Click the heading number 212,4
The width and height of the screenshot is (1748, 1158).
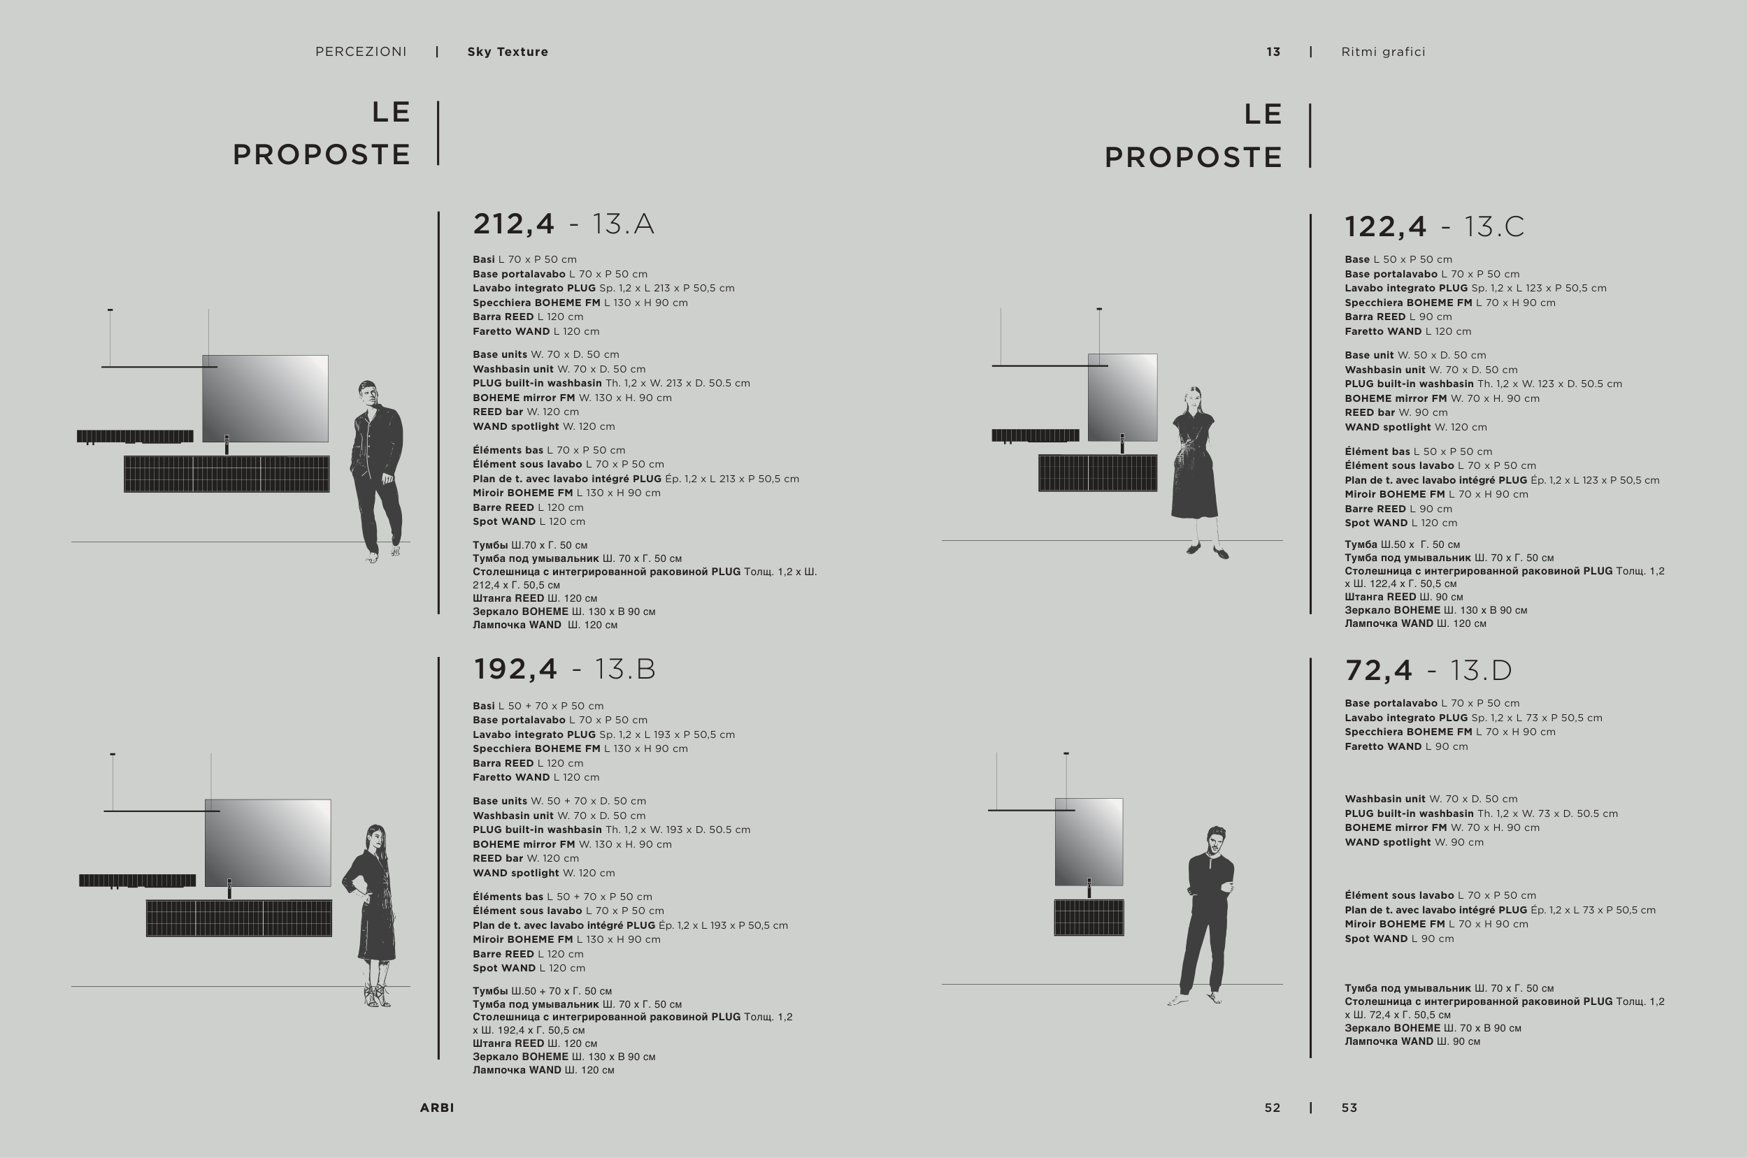(x=513, y=224)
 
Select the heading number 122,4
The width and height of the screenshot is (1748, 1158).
(x=1385, y=226)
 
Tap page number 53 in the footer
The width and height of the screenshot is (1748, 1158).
(x=1349, y=1108)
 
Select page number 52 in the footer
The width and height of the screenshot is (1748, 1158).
(x=1273, y=1108)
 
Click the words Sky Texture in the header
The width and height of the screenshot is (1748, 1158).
(x=508, y=52)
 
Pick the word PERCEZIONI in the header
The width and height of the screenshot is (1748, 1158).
(x=361, y=52)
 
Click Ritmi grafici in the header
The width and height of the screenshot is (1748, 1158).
(x=1383, y=52)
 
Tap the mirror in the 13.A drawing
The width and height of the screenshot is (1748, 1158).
(x=265, y=399)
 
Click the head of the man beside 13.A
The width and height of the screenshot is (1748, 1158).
(x=368, y=393)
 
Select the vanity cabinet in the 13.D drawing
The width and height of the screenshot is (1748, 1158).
(x=1089, y=917)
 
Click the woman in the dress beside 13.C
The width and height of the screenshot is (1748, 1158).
(x=1195, y=472)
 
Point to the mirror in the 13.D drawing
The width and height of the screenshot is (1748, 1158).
(x=1089, y=842)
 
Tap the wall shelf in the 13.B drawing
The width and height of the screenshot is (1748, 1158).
(x=138, y=881)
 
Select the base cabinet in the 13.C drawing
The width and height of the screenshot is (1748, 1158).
(x=1098, y=472)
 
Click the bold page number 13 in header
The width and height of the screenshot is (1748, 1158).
(x=1273, y=52)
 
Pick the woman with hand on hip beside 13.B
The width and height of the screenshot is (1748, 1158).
(x=371, y=915)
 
